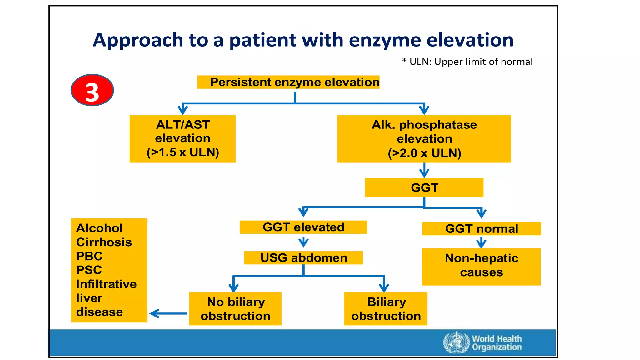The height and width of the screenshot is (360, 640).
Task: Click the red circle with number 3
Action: click(x=92, y=90)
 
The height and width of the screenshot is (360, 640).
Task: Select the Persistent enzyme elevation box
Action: click(x=288, y=82)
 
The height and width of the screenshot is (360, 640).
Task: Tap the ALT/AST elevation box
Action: click(x=182, y=138)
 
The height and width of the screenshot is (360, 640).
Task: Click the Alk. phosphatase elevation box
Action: click(x=424, y=139)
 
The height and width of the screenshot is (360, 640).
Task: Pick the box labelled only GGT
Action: click(x=424, y=187)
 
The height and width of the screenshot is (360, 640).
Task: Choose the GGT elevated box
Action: click(x=303, y=227)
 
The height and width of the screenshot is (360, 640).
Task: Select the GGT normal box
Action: click(x=481, y=229)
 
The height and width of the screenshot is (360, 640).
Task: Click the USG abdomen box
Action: click(x=303, y=258)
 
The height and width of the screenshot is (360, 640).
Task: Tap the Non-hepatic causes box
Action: click(x=481, y=266)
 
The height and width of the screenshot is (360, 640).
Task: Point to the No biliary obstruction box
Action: click(x=235, y=309)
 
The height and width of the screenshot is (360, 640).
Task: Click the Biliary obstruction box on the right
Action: click(x=386, y=309)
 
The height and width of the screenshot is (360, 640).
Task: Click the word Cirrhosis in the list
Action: click(x=104, y=242)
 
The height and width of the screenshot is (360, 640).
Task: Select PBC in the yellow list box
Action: click(x=89, y=256)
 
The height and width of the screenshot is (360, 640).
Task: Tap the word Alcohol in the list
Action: click(x=99, y=228)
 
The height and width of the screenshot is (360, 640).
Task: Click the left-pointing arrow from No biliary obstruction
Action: click(x=168, y=313)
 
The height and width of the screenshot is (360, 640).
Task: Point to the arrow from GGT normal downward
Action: click(x=481, y=242)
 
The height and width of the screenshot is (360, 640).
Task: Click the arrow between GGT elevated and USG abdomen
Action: click(x=303, y=242)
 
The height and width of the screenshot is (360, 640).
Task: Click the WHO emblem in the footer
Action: click(x=456, y=342)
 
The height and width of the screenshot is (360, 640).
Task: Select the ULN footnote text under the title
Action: click(x=467, y=62)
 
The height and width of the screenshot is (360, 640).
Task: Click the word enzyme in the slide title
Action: click(x=384, y=41)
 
